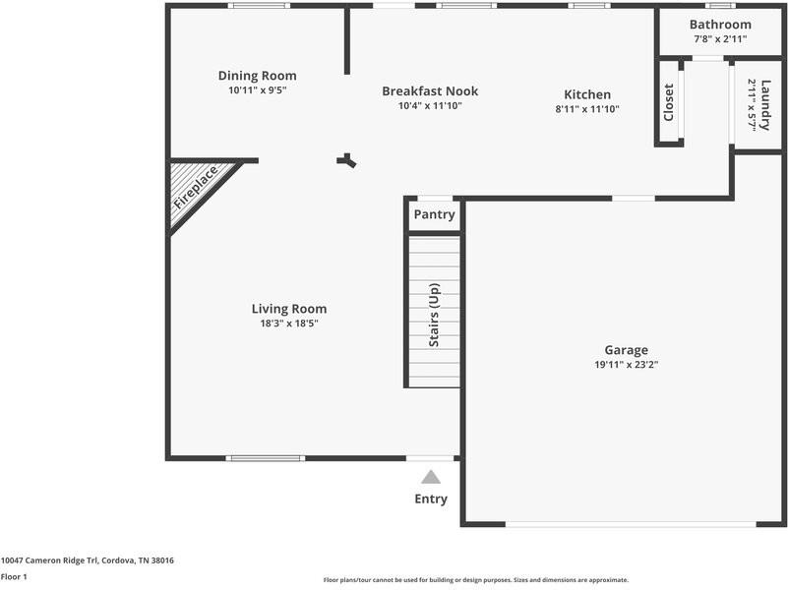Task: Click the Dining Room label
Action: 257,76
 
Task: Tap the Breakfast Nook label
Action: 429,91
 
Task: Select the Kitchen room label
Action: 587,94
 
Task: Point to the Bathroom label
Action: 720,25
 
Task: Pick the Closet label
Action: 669,102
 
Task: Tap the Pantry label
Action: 434,214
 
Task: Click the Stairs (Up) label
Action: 434,316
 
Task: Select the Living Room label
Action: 289,309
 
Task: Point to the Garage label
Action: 626,350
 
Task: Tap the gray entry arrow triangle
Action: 431,477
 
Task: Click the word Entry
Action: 431,499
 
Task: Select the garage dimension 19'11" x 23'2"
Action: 626,365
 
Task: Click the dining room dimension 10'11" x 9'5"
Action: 257,90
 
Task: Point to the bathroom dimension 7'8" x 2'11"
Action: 720,39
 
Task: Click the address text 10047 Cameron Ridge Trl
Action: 59,560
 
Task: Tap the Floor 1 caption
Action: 14,577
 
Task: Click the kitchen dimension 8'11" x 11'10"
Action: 587,109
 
